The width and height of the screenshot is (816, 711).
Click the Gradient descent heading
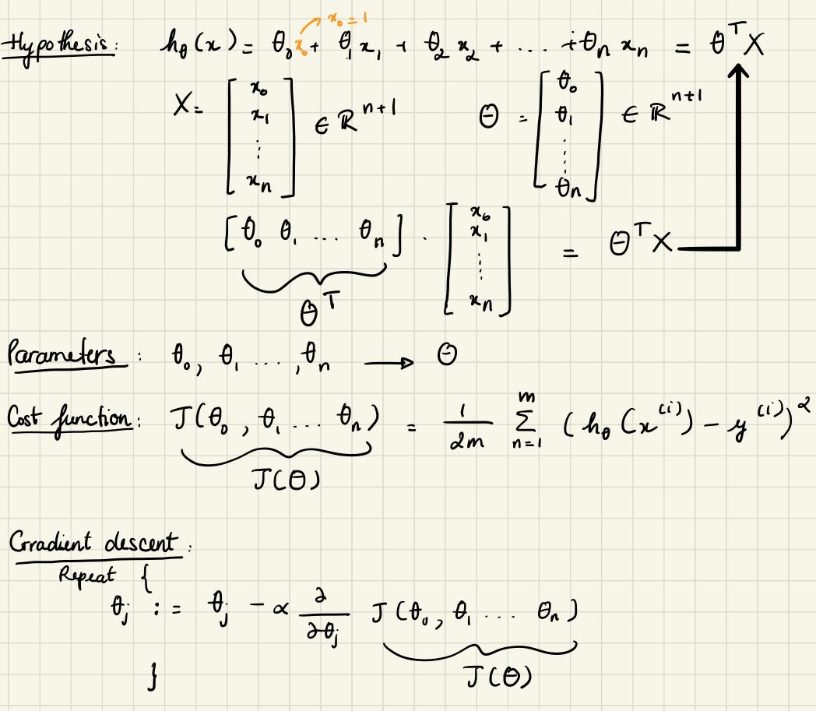(x=92, y=544)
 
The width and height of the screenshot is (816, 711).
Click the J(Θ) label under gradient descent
(x=500, y=680)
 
